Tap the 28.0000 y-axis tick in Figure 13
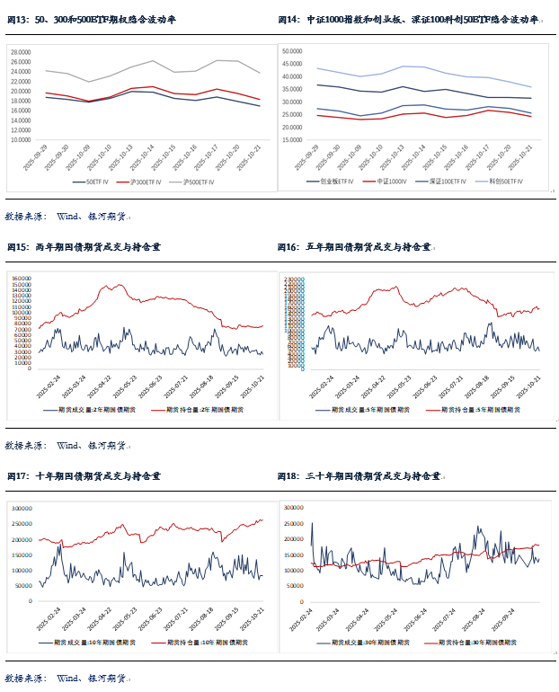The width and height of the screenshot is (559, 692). point(22,52)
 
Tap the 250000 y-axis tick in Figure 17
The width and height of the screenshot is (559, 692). point(22,524)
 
